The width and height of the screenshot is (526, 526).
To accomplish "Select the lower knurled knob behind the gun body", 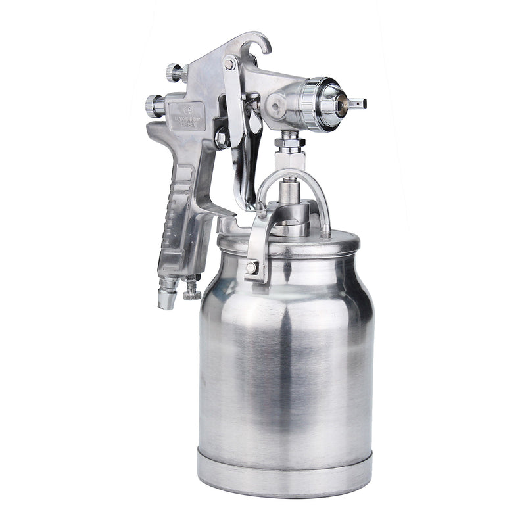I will click(x=155, y=106).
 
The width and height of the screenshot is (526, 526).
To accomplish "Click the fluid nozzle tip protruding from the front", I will click(x=357, y=103).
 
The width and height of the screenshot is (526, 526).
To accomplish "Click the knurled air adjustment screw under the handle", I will click(x=192, y=288).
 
